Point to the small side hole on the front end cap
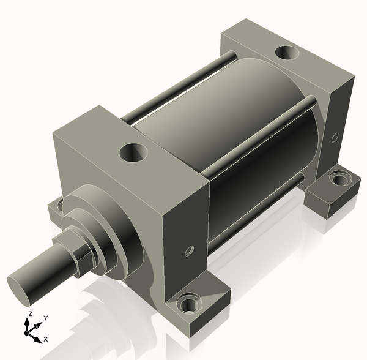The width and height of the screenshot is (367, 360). pyautogui.click(x=189, y=251)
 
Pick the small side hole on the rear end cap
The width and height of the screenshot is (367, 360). pyautogui.click(x=335, y=138)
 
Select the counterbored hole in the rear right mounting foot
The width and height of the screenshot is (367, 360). pyautogui.click(x=338, y=179)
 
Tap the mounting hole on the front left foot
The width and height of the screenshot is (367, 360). pyautogui.click(x=59, y=206)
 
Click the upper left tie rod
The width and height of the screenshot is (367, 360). pyautogui.click(x=177, y=87)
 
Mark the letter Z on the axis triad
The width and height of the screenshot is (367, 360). pyautogui.click(x=29, y=313)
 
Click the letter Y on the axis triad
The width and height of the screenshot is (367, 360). pyautogui.click(x=45, y=318)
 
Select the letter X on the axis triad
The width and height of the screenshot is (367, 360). pyautogui.click(x=46, y=339)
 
